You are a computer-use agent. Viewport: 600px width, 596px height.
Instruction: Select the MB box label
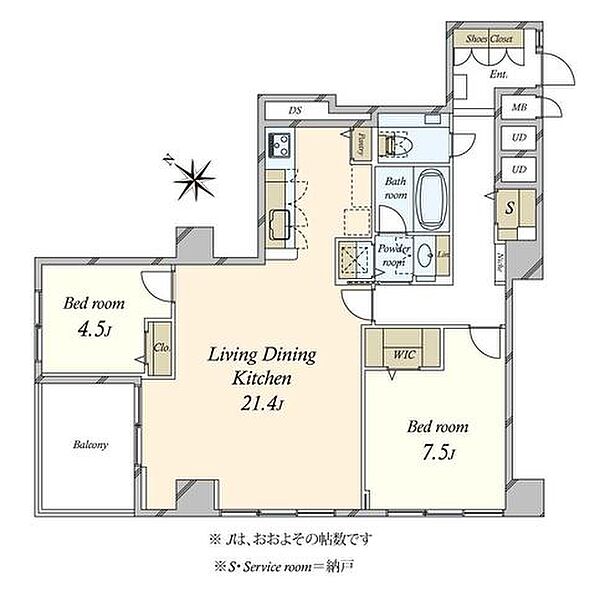[x=519, y=107]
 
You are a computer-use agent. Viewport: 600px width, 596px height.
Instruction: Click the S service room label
[x=511, y=209]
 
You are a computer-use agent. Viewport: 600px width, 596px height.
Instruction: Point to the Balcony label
[x=89, y=446]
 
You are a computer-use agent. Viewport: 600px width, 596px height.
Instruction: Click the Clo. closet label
[x=159, y=348]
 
